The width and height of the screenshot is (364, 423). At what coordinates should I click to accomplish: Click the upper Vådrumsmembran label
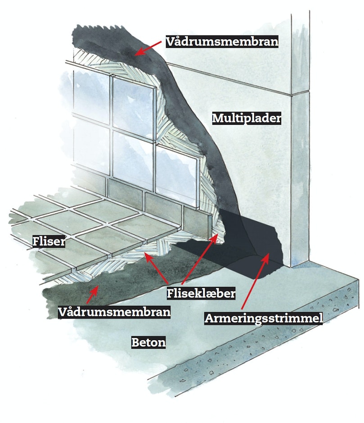tap(222, 41)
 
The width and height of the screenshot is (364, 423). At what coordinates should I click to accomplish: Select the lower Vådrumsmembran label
tap(114, 312)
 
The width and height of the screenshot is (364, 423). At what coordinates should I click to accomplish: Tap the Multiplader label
tap(247, 118)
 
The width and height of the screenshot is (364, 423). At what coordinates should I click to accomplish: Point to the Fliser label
tap(49, 241)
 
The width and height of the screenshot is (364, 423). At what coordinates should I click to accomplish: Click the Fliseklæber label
tap(201, 293)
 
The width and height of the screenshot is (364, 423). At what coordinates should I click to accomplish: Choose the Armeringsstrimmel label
tap(264, 318)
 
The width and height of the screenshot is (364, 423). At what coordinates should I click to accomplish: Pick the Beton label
tap(148, 342)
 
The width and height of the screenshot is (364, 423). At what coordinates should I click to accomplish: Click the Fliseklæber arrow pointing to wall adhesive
tap(200, 259)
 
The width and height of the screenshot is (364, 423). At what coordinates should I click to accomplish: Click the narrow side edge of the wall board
tap(300, 140)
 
